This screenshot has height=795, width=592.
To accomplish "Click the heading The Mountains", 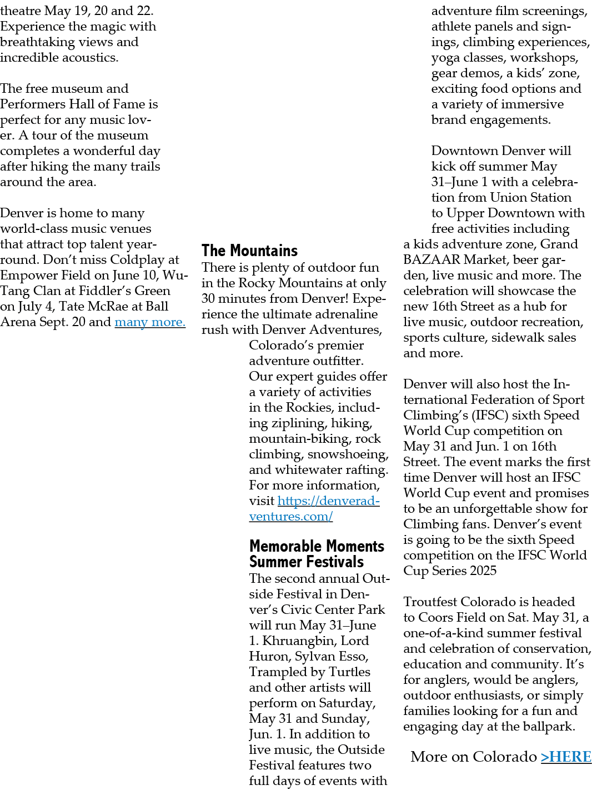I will coord(249,251).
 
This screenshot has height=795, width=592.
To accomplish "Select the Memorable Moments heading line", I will coord(317,546).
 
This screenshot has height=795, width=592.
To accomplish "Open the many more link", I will coord(150,322).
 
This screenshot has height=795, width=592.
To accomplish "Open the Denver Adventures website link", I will coord(314,508).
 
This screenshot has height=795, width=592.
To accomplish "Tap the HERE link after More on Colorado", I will coord(566,757).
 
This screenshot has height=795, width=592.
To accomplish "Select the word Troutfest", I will coord(430,602).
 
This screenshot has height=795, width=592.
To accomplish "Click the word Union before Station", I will coord(508,197).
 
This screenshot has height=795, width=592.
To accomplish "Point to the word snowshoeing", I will coord(348,454).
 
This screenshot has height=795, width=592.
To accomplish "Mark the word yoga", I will coord(445,58).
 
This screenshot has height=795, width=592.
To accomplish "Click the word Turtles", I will coord(349,672).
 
